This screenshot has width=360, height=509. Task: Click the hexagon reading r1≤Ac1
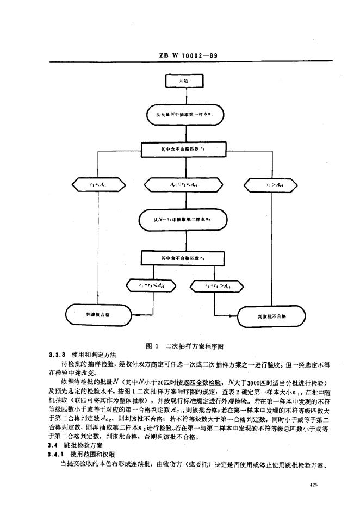99,185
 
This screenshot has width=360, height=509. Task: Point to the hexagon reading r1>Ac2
270,185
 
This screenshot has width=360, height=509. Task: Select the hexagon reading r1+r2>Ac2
215,284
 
